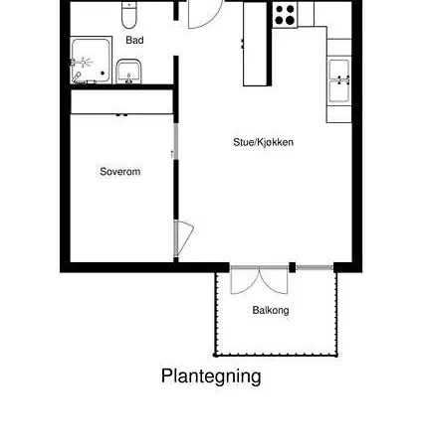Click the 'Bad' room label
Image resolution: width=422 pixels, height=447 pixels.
coord(134,40)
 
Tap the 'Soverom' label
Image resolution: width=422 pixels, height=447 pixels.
coord(120,172)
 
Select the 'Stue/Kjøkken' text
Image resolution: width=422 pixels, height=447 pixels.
coord(264,142)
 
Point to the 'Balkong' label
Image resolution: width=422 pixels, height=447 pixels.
coord(271,310)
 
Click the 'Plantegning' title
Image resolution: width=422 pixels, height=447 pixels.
coord(211,376)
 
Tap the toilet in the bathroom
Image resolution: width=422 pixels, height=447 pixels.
coord(128,15)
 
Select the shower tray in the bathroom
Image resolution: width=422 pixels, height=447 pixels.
coord(91,60)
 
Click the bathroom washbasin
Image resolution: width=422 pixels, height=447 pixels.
coord(129,72)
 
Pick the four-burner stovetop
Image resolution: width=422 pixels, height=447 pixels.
coord(285,15)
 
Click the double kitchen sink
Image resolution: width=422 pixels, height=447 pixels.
coord(339,80)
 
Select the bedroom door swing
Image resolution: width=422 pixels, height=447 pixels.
coord(183,237)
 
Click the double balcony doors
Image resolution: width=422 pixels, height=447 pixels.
coord(260,280)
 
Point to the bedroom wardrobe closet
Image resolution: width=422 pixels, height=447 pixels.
coord(121,102)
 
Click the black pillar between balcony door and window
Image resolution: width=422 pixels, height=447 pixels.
coord(293,267)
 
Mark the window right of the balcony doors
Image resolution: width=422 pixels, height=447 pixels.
coord(315,267)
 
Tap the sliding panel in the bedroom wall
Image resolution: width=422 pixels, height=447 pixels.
coord(176,142)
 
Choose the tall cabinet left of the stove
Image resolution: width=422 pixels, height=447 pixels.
coord(255,44)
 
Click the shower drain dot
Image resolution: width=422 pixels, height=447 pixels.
coord(103,74)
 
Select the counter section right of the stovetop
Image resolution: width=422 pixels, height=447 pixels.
coord(306,14)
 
